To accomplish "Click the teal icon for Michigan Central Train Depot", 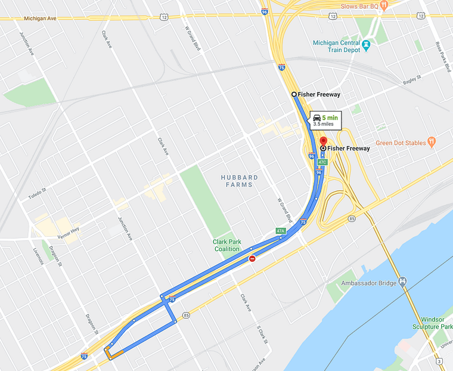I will tap(367, 44).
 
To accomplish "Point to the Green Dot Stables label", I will tap(401, 143).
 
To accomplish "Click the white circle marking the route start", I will tap(294, 94).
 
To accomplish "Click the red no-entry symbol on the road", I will tap(253, 259).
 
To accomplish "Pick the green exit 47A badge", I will tap(281, 231).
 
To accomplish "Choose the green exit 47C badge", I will tap(322, 162).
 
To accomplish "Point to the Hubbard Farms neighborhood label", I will tap(240, 181).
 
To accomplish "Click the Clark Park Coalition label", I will tap(226, 245).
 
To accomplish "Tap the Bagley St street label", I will tap(412, 78).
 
